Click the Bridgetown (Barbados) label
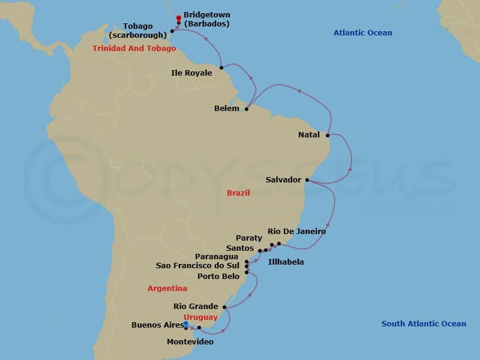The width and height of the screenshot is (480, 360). tap(206, 19)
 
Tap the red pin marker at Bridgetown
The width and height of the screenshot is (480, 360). tap(178, 18)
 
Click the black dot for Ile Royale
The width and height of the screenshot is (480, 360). tap(221, 67)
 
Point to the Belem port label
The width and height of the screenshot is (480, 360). tap(227, 109)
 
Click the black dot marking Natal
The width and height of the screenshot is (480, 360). tap(328, 135)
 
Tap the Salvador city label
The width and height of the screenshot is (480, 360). tap(283, 179)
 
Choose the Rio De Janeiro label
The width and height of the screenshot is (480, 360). tap(296, 231)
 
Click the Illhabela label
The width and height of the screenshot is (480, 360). tap(286, 262)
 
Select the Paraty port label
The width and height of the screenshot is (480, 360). tap(249, 238)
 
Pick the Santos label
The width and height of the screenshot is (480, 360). tap(240, 248)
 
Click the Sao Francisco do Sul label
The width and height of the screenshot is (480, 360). tap(197, 265)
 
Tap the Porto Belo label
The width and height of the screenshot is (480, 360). tap(218, 276)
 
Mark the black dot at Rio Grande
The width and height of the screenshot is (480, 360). tap(224, 307)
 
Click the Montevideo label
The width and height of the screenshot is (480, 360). tap(190, 341)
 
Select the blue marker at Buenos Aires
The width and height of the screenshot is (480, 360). tap(186, 324)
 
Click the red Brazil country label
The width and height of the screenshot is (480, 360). tap(238, 193)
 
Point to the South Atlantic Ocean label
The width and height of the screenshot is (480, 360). tap(424, 324)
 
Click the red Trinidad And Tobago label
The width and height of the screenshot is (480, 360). tap(134, 49)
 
